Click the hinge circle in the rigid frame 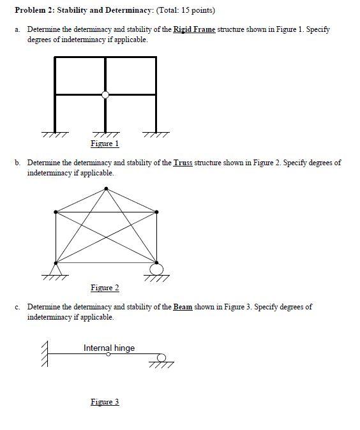coord(106,95)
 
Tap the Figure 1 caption coord(105,144)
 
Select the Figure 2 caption coord(105,288)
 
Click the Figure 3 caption coord(105,402)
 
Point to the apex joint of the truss coord(107,188)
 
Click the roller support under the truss coord(156,269)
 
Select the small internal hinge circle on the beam coord(109,354)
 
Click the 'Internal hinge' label coord(109,348)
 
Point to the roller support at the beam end coord(162,359)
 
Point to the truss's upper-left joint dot coord(56,211)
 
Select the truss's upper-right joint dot coord(157,211)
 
